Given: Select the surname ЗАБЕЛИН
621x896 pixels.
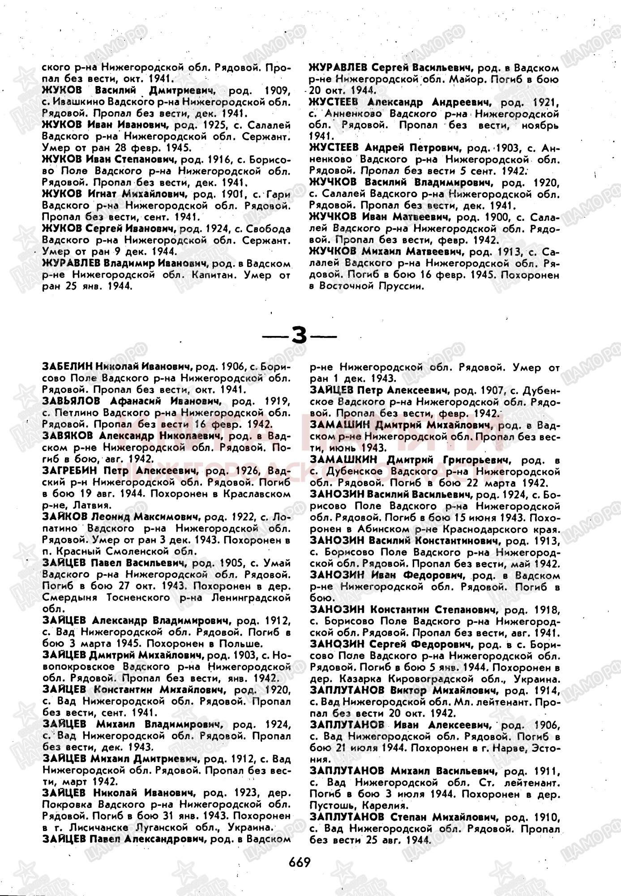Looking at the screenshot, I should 67,367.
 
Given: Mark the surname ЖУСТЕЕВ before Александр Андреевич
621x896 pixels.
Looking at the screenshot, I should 334,103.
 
